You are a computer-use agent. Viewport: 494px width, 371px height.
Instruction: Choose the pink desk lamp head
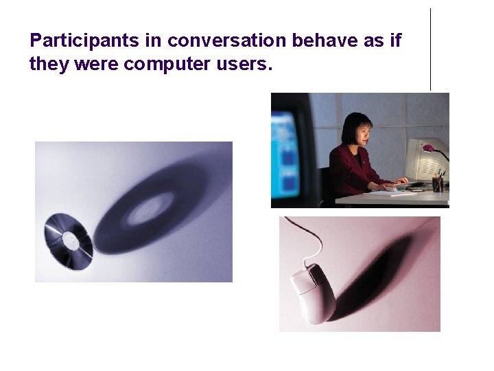[x=429, y=148]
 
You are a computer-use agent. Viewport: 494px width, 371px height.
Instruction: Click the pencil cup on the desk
[x=437, y=184]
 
